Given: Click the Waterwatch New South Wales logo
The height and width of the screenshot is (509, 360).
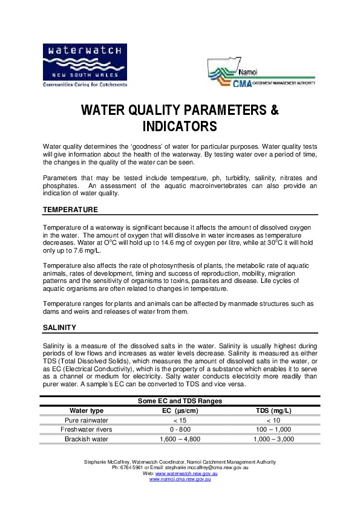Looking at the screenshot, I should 85,65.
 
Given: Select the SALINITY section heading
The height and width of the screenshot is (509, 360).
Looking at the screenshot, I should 59,327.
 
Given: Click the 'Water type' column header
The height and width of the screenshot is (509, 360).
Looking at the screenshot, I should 87,411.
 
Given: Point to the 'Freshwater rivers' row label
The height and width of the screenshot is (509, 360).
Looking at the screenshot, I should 87,430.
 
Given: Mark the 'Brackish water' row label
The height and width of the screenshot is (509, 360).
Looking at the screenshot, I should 87,439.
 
